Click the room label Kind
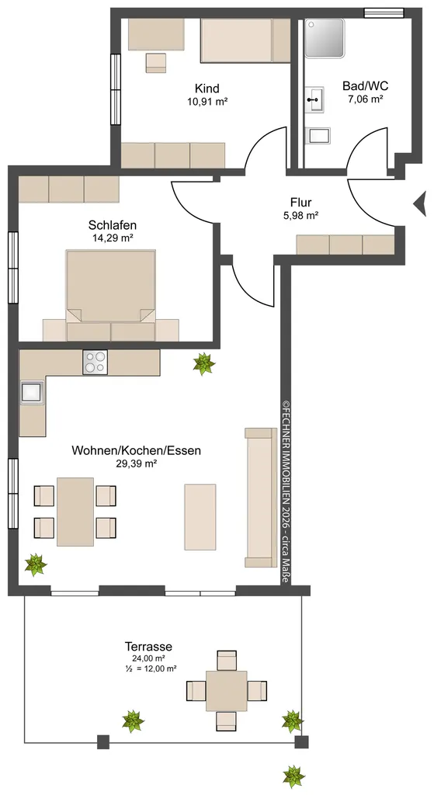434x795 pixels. tap(207, 89)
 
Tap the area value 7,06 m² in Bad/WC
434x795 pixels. tap(365, 99)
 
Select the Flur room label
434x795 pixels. tap(300, 203)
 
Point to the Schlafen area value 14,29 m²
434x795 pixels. tap(113, 238)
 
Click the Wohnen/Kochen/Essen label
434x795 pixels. tap(137, 450)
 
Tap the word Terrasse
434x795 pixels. tap(148, 647)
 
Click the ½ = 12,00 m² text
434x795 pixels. tap(151, 668)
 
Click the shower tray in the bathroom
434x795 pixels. tap(325, 39)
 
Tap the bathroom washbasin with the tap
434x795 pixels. tap(314, 100)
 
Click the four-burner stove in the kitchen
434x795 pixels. tap(95, 362)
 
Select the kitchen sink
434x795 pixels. tap(32, 392)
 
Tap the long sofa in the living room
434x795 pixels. tap(261, 498)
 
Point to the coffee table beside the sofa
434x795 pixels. tap(200, 516)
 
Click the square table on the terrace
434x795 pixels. tap(226, 690)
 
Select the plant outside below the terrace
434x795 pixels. tap(293, 776)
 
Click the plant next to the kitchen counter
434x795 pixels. tap(204, 363)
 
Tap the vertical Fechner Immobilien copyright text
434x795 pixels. tap(286, 491)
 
